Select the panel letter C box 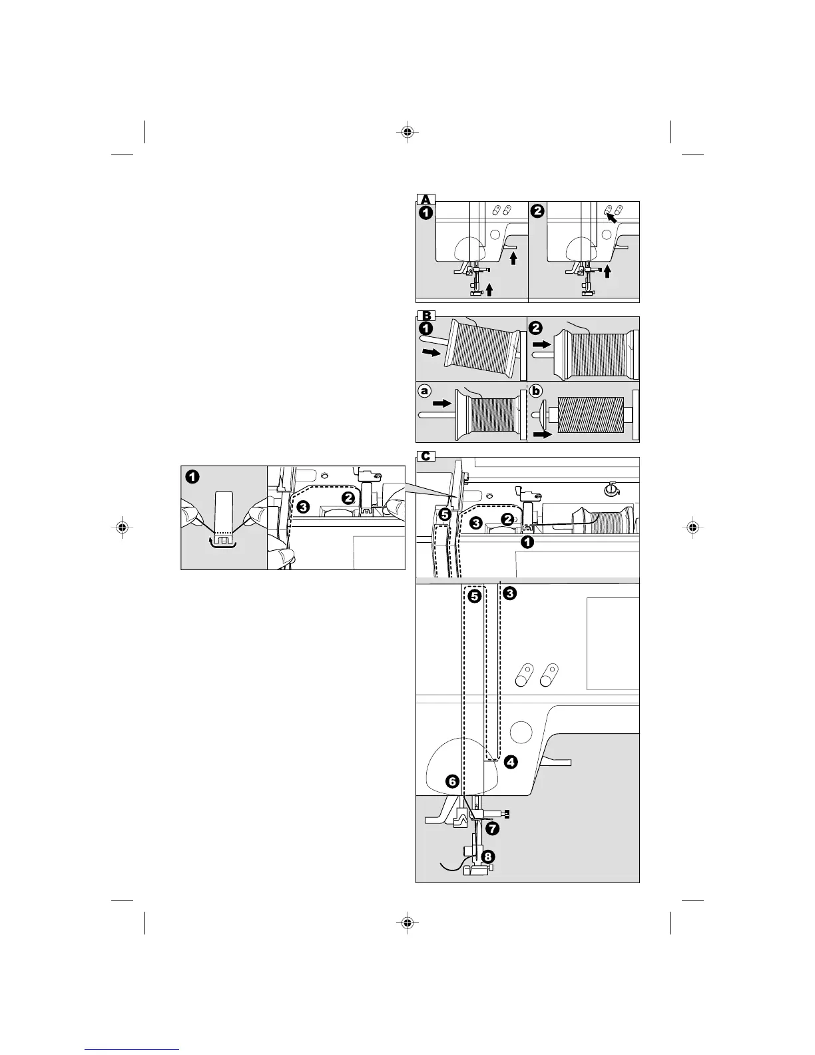(x=425, y=456)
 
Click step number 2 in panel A (x=538, y=211)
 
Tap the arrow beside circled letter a (x=441, y=403)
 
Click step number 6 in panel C (x=452, y=781)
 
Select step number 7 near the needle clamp (x=492, y=829)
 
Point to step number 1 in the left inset (x=192, y=477)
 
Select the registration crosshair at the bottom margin (x=406, y=922)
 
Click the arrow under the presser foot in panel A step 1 (x=490, y=289)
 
